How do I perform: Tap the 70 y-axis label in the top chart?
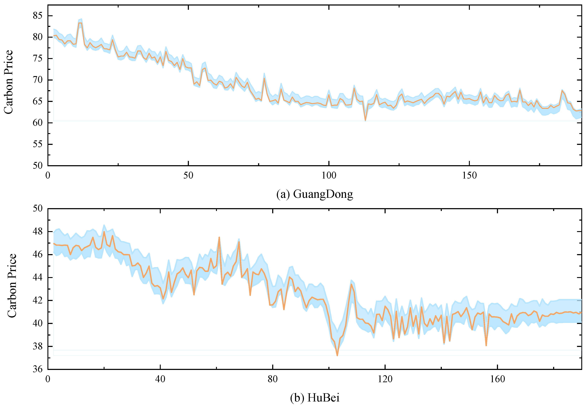coord(37,80)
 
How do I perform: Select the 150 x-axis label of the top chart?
coord(469,176)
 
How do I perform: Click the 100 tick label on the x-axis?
coord(329,176)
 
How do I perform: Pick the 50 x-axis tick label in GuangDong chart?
coord(188,176)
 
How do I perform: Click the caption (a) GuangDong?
coord(314,194)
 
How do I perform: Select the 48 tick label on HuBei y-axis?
coord(37,231)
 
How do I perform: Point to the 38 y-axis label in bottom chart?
coord(37,346)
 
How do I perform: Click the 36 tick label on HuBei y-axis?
coord(37,369)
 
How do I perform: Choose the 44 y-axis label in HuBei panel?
coord(37,277)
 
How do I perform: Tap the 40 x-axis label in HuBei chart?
coord(160,379)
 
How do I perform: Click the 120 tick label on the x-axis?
coord(385,379)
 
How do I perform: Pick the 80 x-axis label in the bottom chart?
coord(273,379)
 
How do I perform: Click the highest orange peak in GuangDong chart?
coord(80,23)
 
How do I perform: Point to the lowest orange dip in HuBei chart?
coord(337,355)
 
